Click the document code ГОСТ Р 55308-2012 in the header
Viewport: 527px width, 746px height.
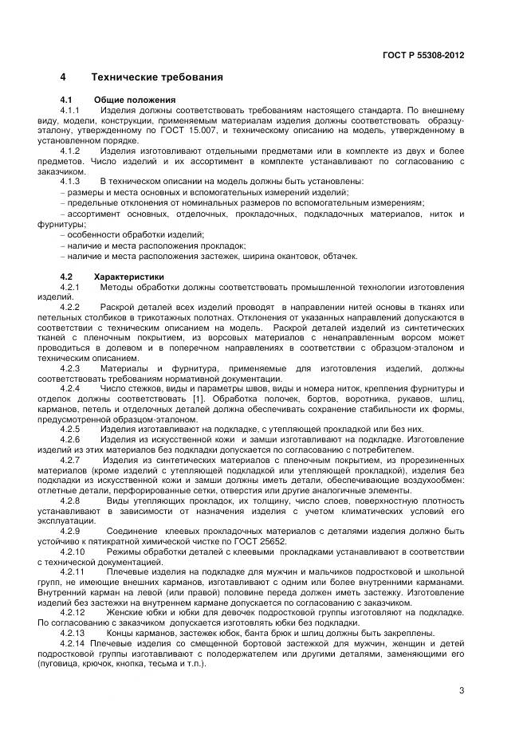(425, 55)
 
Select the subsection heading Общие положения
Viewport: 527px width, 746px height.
(124, 99)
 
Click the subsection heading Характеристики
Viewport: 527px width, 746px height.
(129, 277)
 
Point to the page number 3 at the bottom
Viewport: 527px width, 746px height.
(462, 690)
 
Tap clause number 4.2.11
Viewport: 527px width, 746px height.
(73, 572)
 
